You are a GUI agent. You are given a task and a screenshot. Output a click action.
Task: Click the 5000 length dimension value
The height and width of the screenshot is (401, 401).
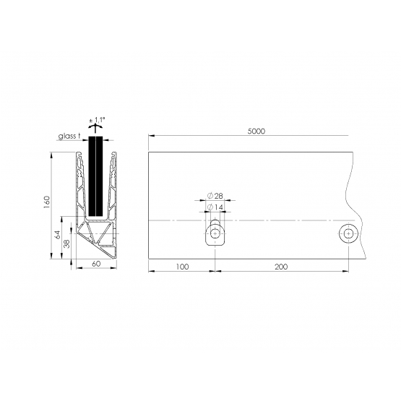[x=256, y=131]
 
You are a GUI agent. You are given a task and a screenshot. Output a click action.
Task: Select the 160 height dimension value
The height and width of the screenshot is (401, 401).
[x=47, y=202]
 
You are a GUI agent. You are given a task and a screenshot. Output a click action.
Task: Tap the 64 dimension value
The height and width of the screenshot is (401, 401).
[x=58, y=235]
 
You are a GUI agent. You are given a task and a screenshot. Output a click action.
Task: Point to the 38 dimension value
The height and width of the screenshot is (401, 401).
[x=66, y=243]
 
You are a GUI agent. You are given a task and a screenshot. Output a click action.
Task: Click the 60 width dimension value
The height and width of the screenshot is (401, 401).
[x=96, y=264]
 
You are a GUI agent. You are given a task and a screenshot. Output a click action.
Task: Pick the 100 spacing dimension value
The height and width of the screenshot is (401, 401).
[x=182, y=267]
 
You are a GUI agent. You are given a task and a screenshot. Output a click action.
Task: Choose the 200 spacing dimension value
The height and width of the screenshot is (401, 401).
[x=281, y=267]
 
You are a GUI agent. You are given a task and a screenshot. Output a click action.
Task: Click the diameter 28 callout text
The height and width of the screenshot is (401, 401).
[x=215, y=196]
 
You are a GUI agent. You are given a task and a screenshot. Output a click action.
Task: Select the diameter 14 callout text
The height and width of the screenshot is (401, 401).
[x=215, y=207]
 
